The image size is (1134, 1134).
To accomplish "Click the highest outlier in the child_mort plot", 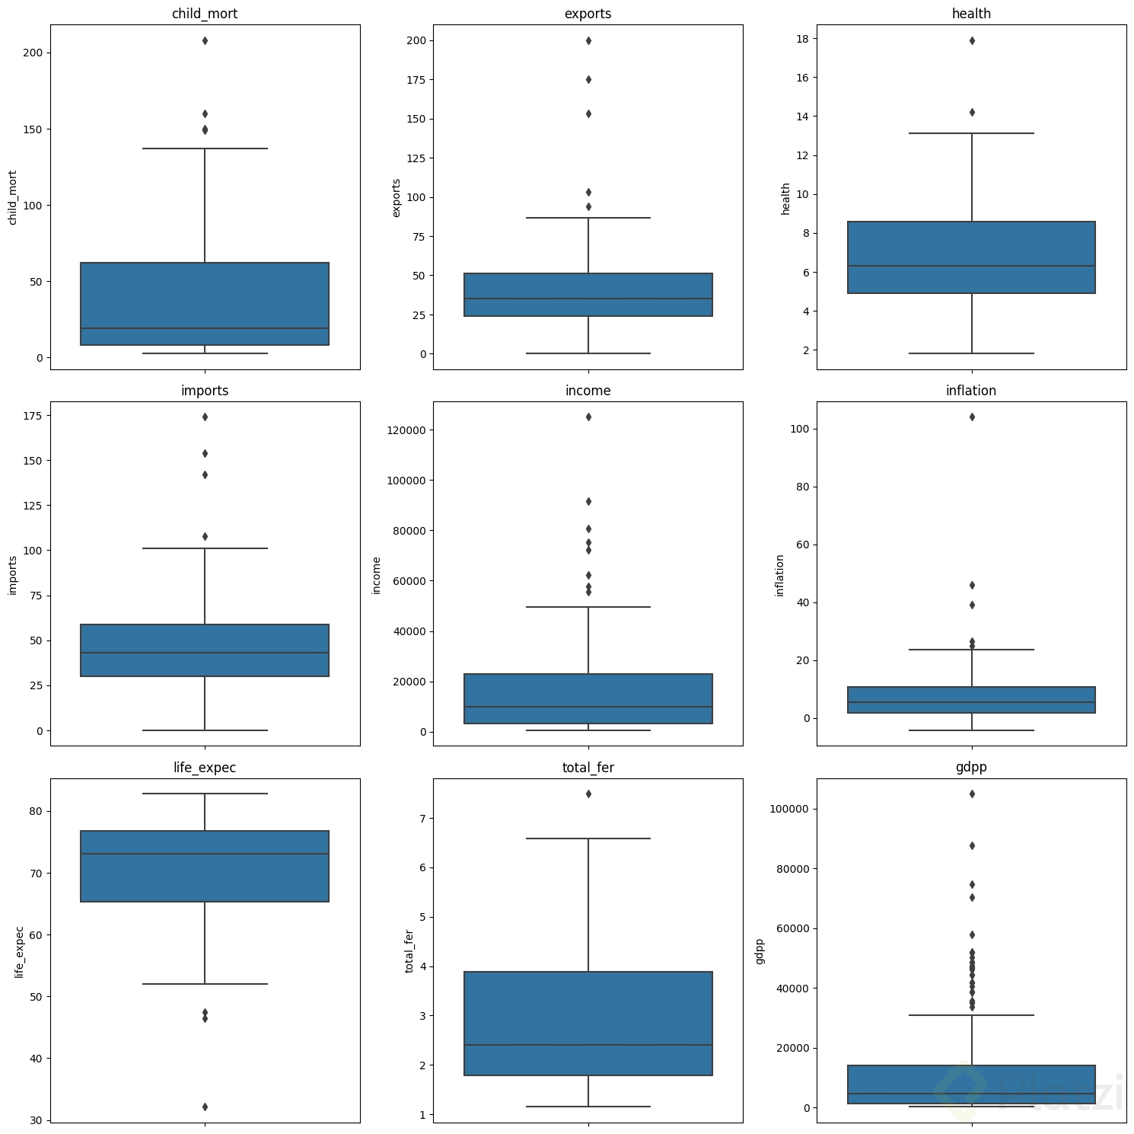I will pyautogui.click(x=205, y=40).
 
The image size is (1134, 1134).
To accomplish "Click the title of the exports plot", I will pyautogui.click(x=588, y=14).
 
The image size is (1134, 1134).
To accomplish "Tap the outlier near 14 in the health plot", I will pyautogui.click(x=972, y=112).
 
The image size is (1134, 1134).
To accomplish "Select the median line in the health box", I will pyautogui.click(x=971, y=266).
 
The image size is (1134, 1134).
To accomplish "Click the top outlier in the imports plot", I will pyautogui.click(x=205, y=417).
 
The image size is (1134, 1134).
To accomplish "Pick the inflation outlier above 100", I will pyautogui.click(x=972, y=417).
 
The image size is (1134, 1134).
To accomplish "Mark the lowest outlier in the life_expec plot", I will pyautogui.click(x=205, y=1107).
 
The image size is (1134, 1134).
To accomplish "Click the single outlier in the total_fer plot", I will pyautogui.click(x=588, y=794).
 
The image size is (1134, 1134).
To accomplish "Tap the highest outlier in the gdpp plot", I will pyautogui.click(x=972, y=794).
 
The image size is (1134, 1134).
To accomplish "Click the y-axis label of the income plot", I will pyautogui.click(x=376, y=575).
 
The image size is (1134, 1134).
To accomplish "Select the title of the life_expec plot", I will pyautogui.click(x=205, y=768).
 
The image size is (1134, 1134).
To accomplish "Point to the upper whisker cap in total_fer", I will pyautogui.click(x=588, y=839).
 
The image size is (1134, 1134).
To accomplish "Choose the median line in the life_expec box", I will pyautogui.click(x=205, y=854).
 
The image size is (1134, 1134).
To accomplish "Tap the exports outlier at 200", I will pyautogui.click(x=588, y=40).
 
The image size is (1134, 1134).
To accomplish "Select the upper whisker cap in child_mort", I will pyautogui.click(x=205, y=149).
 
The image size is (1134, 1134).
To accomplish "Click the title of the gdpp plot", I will pyautogui.click(x=971, y=768).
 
